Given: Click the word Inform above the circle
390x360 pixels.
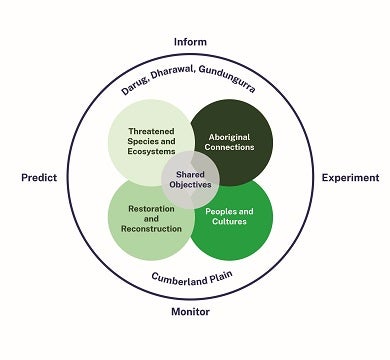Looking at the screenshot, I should (x=190, y=41).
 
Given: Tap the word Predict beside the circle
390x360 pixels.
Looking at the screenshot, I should (x=38, y=178).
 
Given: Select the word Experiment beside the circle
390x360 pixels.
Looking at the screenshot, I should (x=349, y=178).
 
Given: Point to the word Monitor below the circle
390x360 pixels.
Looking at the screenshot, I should (x=190, y=312).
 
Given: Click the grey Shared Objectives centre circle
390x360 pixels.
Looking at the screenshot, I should (x=191, y=179).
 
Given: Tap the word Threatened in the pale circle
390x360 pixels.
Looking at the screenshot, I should (x=152, y=131).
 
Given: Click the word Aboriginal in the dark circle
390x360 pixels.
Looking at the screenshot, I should (x=232, y=135).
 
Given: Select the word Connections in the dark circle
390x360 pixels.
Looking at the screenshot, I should (x=232, y=146).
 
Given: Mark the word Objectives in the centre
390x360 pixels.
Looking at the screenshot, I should (x=191, y=186).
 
